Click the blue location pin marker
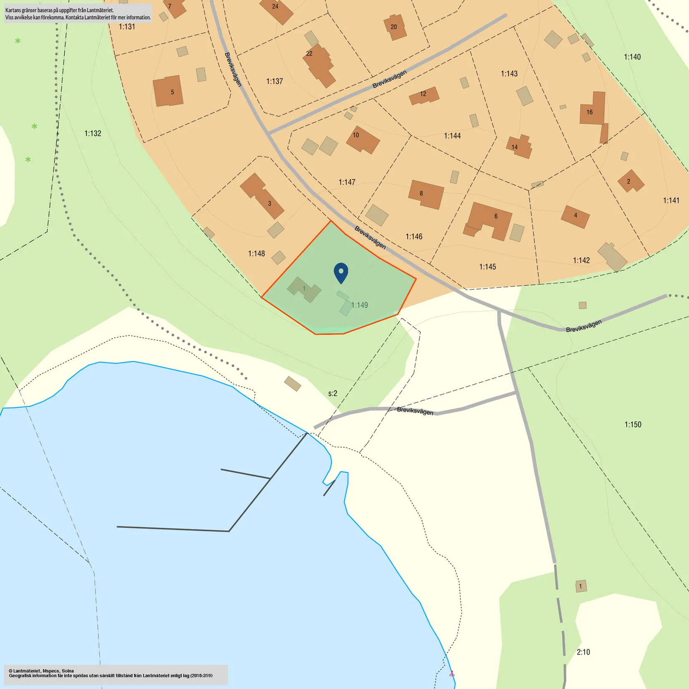[x=341, y=272]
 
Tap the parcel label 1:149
[x=359, y=305]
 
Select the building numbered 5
[x=168, y=91]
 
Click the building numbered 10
[x=362, y=140]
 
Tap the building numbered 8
[x=426, y=194]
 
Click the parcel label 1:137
[x=274, y=81]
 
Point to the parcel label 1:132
[x=93, y=134]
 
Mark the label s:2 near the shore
[x=332, y=393]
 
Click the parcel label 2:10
[x=583, y=652]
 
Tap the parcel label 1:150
[x=633, y=425]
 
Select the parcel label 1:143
[x=509, y=74]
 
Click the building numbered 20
[x=395, y=28]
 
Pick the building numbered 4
[x=575, y=216]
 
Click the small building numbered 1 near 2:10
[x=581, y=586]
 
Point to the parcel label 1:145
[x=487, y=267]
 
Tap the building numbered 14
[x=519, y=147]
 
